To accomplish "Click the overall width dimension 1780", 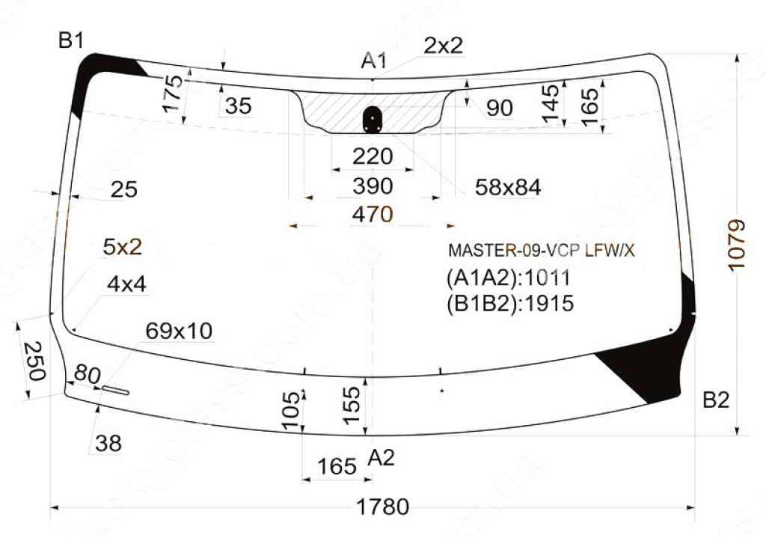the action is (x=382, y=507).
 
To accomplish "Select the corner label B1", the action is (x=71, y=40).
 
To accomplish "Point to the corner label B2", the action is (x=716, y=400).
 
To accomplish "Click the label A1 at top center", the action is (x=374, y=61).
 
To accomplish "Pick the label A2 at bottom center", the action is (x=381, y=458).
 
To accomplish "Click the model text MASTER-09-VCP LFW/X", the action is (x=542, y=251).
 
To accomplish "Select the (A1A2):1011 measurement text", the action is (x=509, y=278).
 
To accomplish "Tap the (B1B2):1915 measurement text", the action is (x=510, y=304).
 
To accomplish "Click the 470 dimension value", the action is (x=373, y=214).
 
